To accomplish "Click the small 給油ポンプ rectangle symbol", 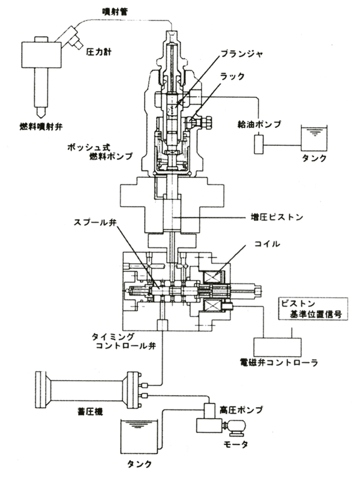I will tap(259, 144).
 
